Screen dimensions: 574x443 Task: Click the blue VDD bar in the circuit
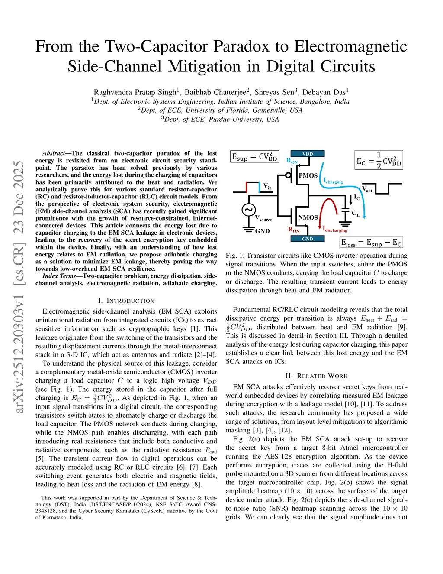[x=308, y=154]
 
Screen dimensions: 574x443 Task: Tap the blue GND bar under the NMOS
[x=308, y=239]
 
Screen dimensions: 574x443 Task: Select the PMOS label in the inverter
[x=308, y=175]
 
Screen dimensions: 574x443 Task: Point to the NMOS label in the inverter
[x=308, y=217]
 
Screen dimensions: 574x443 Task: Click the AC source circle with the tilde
[x=248, y=210]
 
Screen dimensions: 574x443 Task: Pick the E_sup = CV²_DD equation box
[x=254, y=157]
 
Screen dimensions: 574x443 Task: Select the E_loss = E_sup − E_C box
[x=371, y=243]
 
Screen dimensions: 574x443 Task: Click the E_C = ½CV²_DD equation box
[x=379, y=160]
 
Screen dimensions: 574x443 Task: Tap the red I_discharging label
[x=335, y=229]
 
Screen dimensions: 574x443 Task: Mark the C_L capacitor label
[x=356, y=214]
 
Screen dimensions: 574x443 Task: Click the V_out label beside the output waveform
[x=367, y=189]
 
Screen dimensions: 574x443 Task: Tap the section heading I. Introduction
[x=126, y=301]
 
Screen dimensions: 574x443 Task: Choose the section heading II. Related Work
[x=316, y=376]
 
